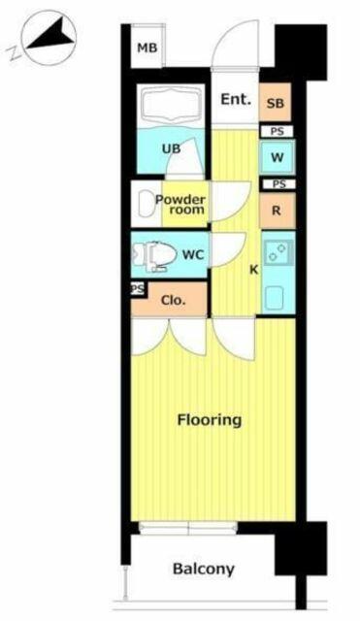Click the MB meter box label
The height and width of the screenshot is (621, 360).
pos(147,49)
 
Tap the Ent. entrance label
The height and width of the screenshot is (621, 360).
pos(236,99)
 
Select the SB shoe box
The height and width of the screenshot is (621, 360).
pos(276,103)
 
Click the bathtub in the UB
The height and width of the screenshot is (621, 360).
pos(171,106)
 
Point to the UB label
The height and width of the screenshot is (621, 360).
pos(171,148)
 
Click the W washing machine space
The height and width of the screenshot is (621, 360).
pos(278,157)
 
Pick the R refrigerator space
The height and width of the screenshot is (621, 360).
pos(278,211)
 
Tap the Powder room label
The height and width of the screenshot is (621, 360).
pos(180,205)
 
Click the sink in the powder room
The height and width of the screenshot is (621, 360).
pos(146,204)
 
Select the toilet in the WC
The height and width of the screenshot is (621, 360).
pos(155,255)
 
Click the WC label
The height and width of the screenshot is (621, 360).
pos(193,254)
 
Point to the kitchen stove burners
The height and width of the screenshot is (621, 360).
pos(278,252)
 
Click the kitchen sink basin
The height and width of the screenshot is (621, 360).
pos(274,299)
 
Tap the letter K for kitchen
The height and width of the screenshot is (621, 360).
pos(254,270)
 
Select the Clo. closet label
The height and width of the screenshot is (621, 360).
pos(173,300)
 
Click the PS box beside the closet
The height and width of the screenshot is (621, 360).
pos(138,289)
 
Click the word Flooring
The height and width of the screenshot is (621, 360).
pos(209,420)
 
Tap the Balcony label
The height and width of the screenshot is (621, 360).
pos(204,570)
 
